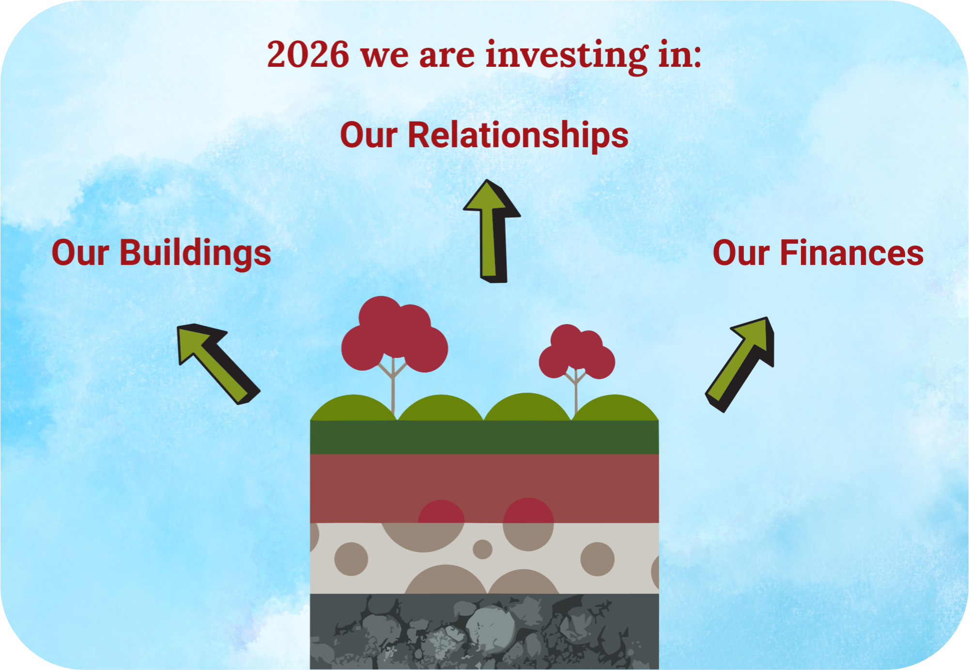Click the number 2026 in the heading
coord(308,54)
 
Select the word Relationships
coord(518,135)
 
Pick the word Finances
coord(852,253)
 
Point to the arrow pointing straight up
coord(492,231)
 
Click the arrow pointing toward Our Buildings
coord(218,363)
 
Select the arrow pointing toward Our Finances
coord(740,364)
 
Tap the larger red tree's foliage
coord(394,334)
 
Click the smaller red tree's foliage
coord(577,352)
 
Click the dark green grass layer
coord(484,437)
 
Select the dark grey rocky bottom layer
coord(484,632)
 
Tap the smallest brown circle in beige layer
coord(482,549)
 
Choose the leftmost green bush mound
coord(354,408)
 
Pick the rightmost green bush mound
coord(615,408)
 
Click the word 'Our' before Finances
coord(741,253)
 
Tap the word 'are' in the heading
coord(447,56)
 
